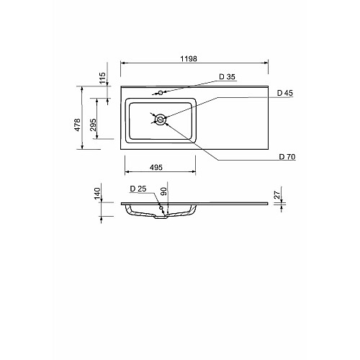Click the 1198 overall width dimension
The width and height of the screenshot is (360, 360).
click(189, 58)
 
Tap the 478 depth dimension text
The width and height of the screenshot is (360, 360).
click(77, 125)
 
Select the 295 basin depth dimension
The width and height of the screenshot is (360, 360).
click(93, 125)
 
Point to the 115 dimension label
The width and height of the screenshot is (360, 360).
click(102, 78)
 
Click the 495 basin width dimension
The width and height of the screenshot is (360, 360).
click(156, 167)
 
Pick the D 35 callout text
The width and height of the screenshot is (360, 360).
click(227, 77)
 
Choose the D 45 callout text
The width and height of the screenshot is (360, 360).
click(285, 93)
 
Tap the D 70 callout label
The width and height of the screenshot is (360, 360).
click(287, 157)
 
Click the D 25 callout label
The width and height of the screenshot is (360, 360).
click(138, 189)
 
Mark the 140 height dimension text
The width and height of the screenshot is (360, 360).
click(97, 194)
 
